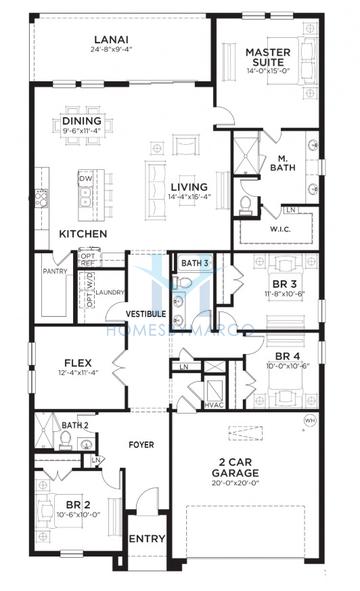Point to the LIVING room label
point(188,187)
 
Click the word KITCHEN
point(83,233)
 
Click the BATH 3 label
point(196,263)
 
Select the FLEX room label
point(78,363)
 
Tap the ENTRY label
point(148,539)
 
